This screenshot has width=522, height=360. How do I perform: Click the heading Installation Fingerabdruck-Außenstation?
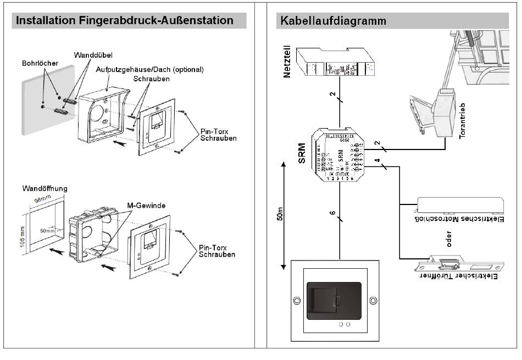[125, 21]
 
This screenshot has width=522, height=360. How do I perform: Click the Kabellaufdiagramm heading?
[333, 21]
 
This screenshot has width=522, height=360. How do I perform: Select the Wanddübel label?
[93, 56]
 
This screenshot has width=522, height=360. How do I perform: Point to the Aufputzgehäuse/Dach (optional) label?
[149, 70]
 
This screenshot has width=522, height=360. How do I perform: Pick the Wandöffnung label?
[45, 189]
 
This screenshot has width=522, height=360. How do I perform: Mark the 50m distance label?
[280, 214]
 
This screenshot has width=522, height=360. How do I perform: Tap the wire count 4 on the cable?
[377, 160]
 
